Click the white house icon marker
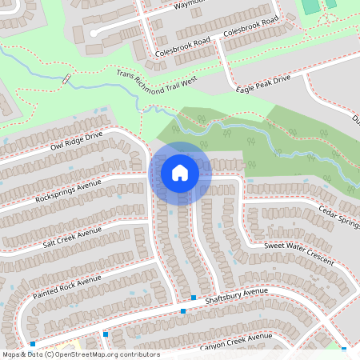[180, 172]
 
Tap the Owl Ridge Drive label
[77, 141]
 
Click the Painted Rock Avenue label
[67, 285]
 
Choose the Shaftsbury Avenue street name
[235, 301]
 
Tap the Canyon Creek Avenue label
[230, 342]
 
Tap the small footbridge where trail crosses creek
[66, 79]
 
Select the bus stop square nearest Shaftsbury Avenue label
[193, 297]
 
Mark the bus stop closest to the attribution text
[33, 343]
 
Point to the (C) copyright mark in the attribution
[49, 354]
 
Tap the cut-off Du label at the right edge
[355, 120]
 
